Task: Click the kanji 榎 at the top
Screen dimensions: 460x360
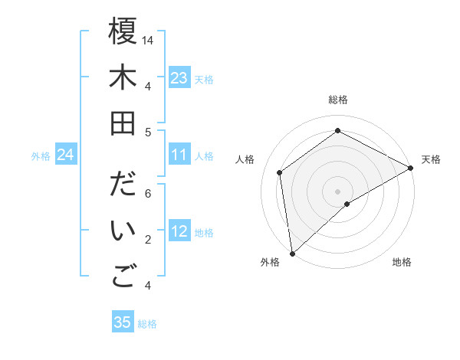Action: point(123,32)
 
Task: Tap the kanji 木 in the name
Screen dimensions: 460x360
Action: point(123,78)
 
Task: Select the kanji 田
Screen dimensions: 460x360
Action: point(123,123)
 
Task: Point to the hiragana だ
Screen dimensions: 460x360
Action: point(123,186)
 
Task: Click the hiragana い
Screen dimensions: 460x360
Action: point(123,231)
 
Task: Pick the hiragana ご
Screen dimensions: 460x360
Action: point(123,277)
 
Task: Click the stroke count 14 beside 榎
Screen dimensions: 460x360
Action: point(148,40)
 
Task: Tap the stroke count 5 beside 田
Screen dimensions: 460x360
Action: point(148,132)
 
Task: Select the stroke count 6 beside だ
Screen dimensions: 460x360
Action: point(148,194)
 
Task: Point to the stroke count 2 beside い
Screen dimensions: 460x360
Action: point(148,240)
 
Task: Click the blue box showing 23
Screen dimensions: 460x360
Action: point(179,78)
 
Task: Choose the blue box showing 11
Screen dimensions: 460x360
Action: point(179,155)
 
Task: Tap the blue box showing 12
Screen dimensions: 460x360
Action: point(179,232)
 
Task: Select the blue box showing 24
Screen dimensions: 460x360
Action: point(65,155)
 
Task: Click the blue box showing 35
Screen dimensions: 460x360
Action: point(122,322)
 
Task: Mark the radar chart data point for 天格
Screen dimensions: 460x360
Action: point(411,168)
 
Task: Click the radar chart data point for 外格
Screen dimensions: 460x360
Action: point(292,253)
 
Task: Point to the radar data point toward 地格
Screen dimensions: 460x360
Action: point(347,204)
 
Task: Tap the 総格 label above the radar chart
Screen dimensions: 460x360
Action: point(337,100)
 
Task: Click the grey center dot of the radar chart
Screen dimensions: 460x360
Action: point(337,190)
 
